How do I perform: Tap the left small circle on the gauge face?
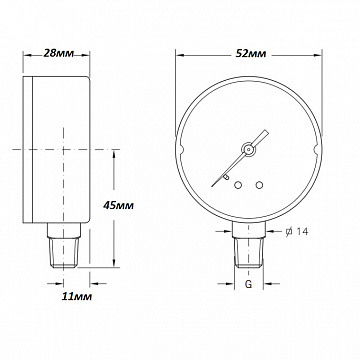coord(237,183)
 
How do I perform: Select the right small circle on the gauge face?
coord(259,183)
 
